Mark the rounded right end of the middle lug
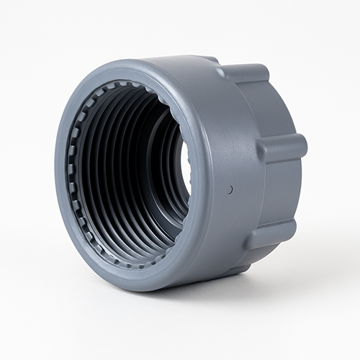(x=302, y=147)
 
